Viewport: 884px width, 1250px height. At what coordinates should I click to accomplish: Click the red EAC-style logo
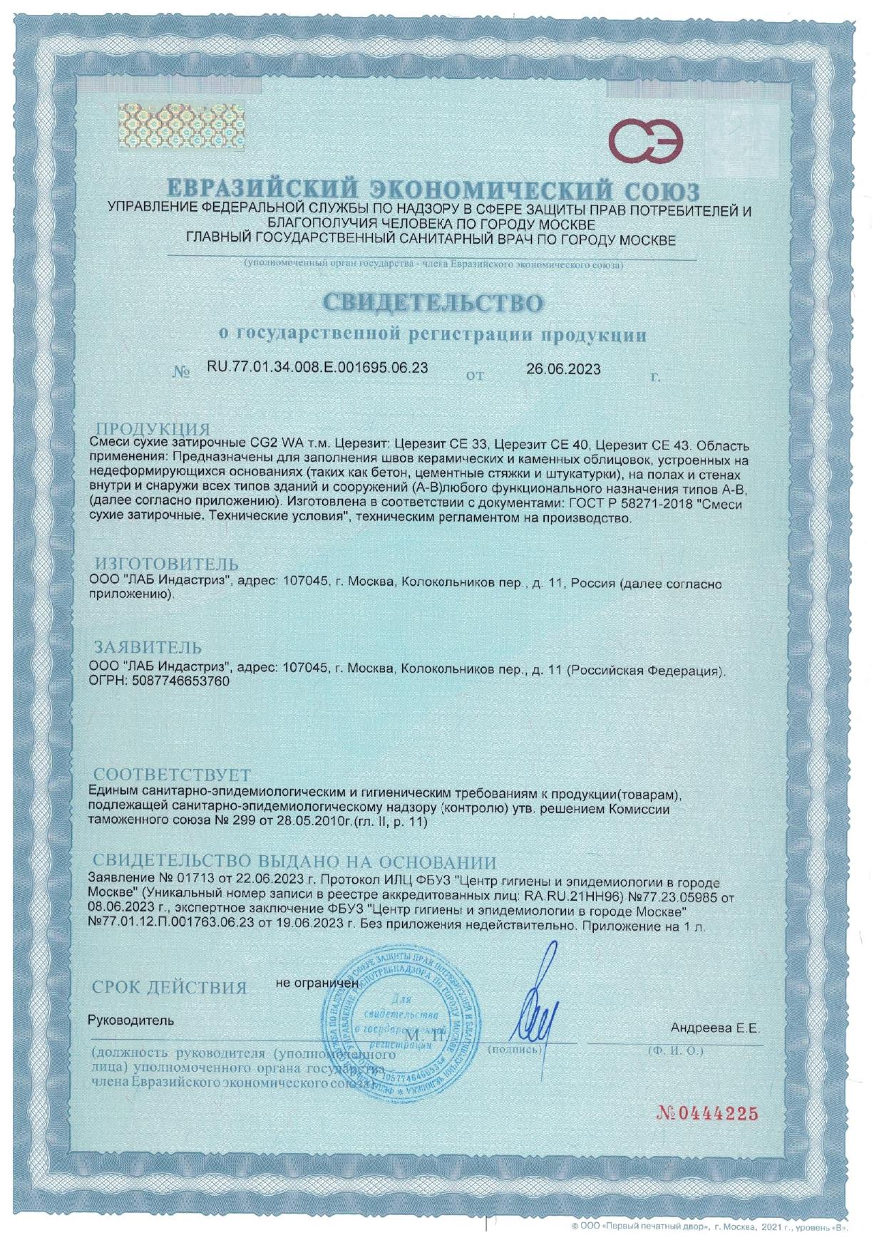pos(649,140)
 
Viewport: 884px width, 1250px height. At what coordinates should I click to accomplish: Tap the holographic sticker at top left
pos(180,125)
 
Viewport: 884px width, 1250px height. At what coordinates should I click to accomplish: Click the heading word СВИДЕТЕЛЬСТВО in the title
pos(433,302)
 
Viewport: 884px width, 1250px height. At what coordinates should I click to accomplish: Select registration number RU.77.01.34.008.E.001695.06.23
pos(317,368)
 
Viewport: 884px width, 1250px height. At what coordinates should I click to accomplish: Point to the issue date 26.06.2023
pos(563,369)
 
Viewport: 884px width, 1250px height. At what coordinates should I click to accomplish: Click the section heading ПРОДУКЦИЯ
pos(153,429)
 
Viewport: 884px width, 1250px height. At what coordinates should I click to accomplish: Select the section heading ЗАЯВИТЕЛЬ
pos(148,648)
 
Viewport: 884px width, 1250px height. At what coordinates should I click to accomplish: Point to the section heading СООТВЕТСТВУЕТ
pos(173,775)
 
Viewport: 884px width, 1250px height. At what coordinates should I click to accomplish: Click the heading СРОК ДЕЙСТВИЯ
pos(169,988)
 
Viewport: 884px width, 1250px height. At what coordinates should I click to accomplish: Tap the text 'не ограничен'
pos(317,983)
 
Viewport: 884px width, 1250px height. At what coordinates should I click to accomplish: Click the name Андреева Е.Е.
pos(715,1028)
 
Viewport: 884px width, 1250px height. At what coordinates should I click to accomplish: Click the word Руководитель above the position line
pos(130,1020)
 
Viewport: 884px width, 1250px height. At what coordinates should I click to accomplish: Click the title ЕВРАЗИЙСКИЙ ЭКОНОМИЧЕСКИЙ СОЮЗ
pos(433,190)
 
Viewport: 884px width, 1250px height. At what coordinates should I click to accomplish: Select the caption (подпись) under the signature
pos(514,1049)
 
